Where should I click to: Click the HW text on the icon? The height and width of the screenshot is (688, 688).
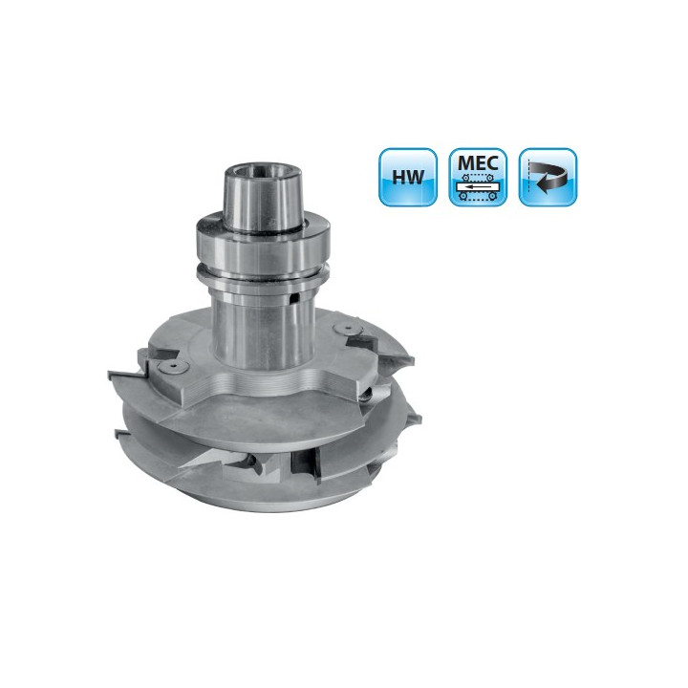(408, 177)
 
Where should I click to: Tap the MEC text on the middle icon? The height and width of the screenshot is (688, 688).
(478, 162)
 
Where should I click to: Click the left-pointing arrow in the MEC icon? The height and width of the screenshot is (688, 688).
(477, 187)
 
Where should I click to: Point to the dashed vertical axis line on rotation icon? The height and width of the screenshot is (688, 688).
(529, 178)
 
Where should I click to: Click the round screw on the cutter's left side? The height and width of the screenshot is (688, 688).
(170, 367)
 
